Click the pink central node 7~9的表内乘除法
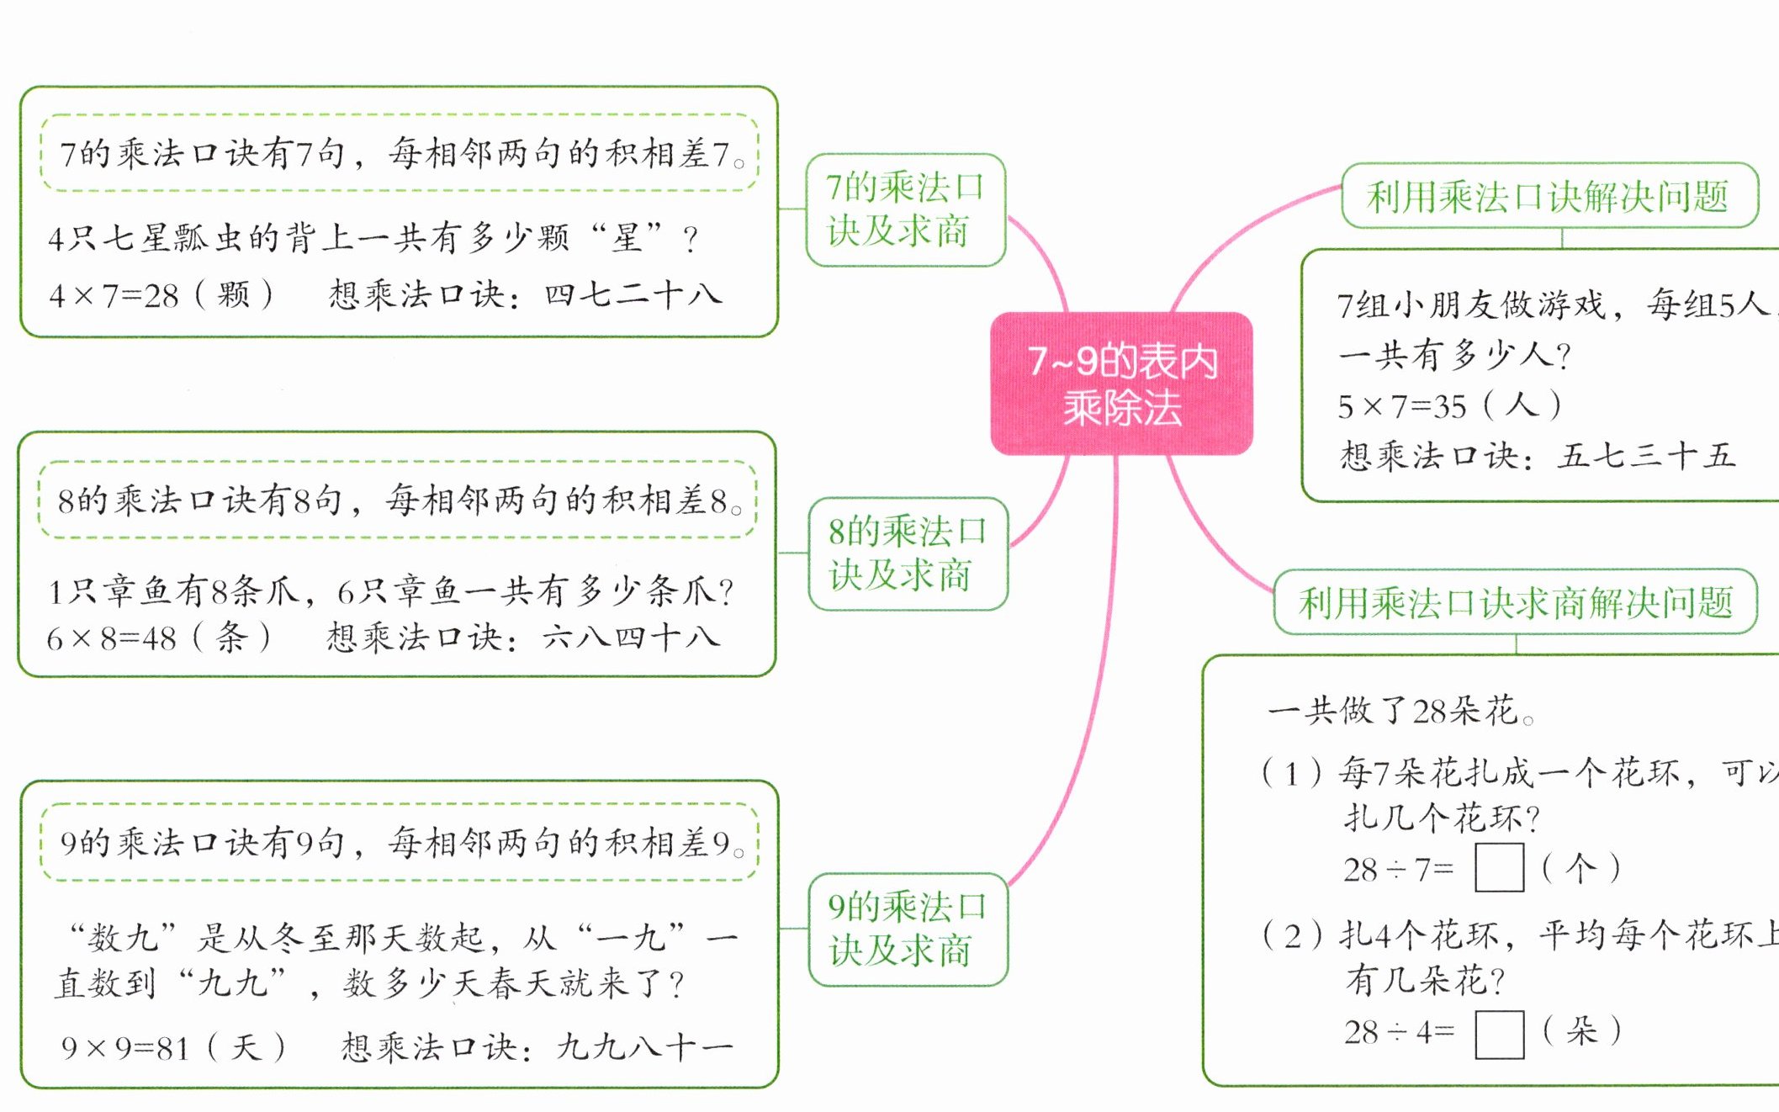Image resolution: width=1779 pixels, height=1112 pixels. coord(1121,384)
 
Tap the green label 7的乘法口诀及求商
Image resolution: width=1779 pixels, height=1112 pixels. coord(905,209)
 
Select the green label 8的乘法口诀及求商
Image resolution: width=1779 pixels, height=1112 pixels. coord(908,553)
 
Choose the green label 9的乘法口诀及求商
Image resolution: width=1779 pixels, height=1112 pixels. coord(908,929)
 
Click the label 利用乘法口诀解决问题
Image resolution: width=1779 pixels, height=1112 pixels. coord(1549,196)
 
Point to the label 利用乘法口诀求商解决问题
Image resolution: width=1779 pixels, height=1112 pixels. coord(1515,602)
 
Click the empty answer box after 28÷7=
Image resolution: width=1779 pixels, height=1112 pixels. coord(1499,868)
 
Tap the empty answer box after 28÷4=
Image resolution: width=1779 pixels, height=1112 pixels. coord(1499,1034)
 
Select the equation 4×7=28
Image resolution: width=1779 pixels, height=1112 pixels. coord(114,296)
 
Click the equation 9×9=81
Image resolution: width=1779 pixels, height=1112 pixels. coord(124,1048)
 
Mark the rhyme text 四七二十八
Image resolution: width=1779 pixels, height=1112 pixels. coord(633,295)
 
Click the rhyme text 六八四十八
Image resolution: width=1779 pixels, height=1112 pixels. coord(631,638)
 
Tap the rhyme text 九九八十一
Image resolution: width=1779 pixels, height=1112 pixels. coord(644,1047)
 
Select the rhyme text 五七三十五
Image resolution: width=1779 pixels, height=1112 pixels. coord(1646,456)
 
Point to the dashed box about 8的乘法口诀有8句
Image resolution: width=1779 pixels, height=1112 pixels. coord(398,500)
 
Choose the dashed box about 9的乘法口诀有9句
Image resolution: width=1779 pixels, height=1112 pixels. coord(400,843)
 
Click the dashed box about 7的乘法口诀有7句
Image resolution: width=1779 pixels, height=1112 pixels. coord(400,153)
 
